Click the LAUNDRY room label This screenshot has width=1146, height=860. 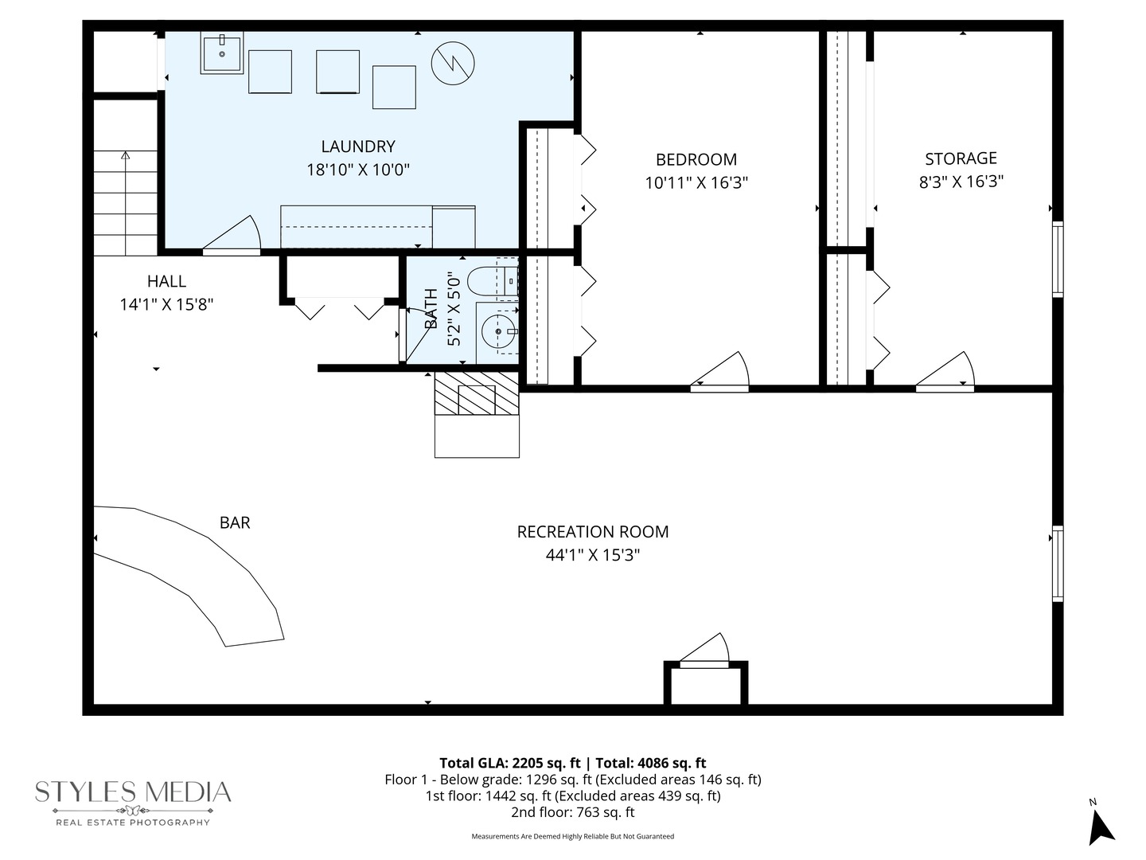pos(358,147)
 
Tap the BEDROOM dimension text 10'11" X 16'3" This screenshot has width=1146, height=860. pos(696,183)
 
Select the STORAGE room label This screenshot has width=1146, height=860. pos(961,158)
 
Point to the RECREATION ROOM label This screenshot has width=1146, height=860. pos(593,532)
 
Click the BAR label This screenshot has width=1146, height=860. pos(235,523)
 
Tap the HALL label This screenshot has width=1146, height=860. pos(166,281)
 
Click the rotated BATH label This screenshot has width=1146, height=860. pos(431,309)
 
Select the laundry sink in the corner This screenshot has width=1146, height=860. pos(222,53)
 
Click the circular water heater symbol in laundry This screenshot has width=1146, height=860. pos(453,61)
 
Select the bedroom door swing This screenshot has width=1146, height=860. pos(724,373)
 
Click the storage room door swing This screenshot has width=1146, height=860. pos(949,373)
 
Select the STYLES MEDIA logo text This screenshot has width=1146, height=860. pos(133,792)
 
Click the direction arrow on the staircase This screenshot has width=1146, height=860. pos(125,156)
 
